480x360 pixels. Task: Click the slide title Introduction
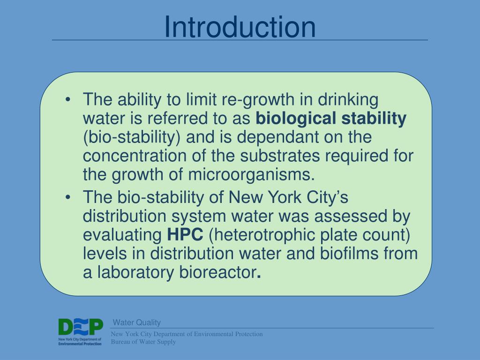pos(240,27)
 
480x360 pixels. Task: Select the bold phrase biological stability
pos(331,119)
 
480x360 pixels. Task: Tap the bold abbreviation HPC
pos(186,234)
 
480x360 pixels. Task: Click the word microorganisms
pos(250,174)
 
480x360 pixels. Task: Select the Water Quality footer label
pos(137,322)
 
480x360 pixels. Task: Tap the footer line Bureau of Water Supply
pos(143,342)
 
